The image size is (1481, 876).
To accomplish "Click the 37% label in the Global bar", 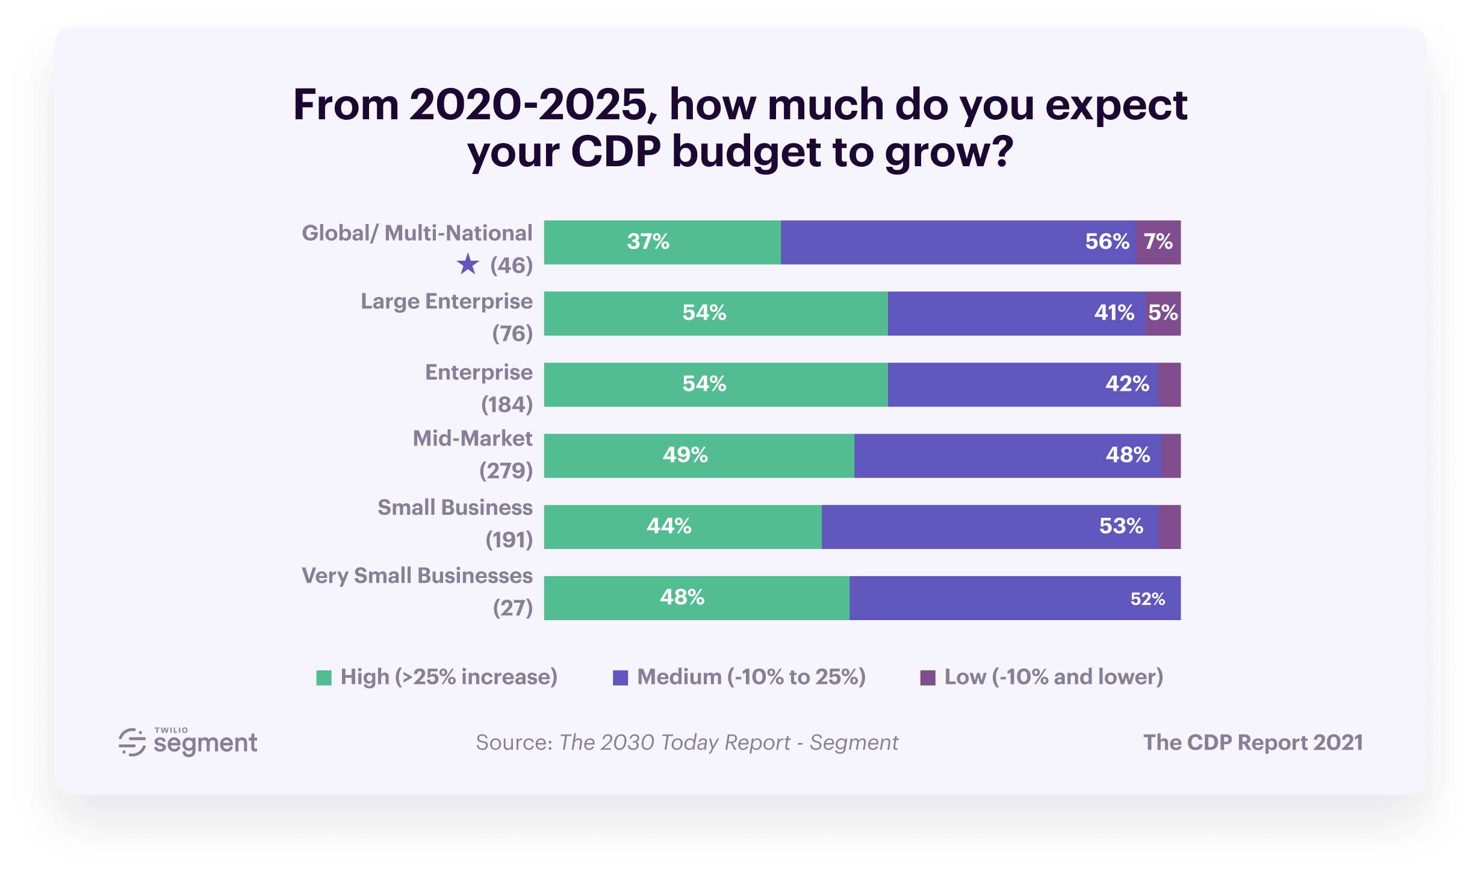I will point(648,242).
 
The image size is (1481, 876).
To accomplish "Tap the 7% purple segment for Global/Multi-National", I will point(1158,242).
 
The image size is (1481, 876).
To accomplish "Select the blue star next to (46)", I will point(468,264).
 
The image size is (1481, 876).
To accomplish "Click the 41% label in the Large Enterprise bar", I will point(1114,313).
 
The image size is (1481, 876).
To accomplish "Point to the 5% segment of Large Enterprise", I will point(1163,313).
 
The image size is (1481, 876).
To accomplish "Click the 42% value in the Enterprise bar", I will point(1127,384).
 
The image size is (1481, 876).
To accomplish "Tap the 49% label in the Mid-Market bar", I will point(685,455).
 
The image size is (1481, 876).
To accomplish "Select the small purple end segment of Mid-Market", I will point(1171,456).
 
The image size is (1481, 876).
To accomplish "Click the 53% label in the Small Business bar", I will point(1121,526).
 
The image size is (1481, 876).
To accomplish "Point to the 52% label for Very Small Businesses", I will point(1147,599).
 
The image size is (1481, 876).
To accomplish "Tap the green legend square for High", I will point(324,678).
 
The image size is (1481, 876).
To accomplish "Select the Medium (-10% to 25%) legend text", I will point(751,677).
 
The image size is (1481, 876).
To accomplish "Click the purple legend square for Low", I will point(928,678).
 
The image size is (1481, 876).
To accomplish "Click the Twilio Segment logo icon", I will point(132,742).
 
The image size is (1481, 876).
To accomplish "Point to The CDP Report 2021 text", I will point(1253,743).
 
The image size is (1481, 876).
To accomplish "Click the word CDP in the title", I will point(615,152).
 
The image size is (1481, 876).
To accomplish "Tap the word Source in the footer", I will point(514,743).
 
